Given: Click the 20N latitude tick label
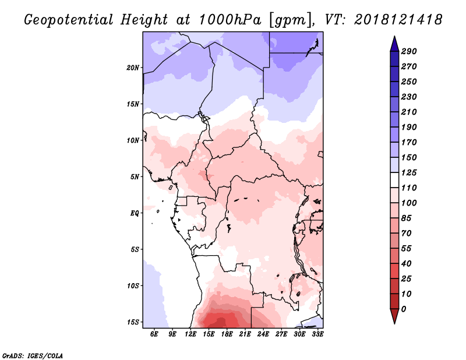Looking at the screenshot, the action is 133,68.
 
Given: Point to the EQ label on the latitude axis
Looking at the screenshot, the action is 135,213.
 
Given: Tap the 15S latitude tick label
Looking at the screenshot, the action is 133,322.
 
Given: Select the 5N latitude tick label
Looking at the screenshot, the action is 135,177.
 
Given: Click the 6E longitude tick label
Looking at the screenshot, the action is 154,334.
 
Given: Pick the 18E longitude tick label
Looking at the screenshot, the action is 227,334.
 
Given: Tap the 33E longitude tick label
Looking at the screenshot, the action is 317,334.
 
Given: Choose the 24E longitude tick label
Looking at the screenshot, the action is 263,334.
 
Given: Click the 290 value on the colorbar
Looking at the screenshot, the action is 409,51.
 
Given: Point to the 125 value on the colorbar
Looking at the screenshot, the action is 409,172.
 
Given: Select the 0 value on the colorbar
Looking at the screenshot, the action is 403,309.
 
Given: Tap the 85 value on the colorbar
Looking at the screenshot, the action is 406,218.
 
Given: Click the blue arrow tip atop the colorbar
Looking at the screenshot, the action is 394,36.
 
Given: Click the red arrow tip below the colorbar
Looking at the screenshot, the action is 394,323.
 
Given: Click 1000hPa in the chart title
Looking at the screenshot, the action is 230,20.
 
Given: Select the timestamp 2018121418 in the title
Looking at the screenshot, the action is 398,20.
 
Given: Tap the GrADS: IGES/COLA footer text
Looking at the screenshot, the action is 33,355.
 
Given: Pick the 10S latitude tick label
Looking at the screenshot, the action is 133,286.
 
